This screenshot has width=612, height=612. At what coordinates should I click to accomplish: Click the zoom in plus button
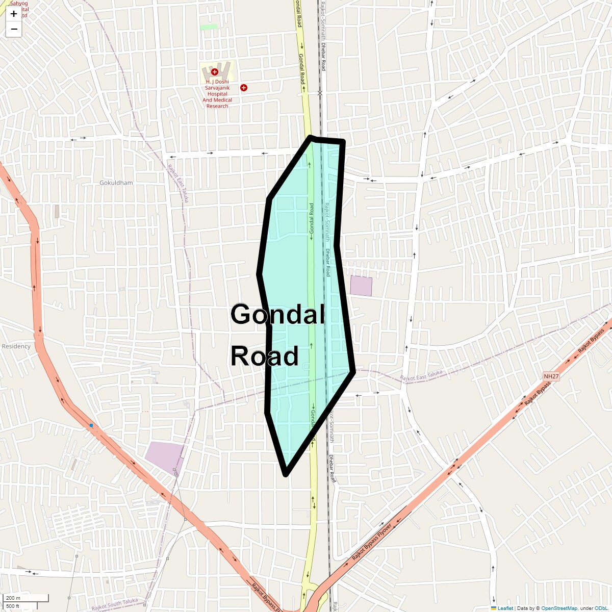click(x=14, y=14)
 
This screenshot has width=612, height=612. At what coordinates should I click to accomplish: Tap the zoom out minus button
click(x=14, y=29)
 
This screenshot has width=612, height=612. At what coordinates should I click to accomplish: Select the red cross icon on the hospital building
click(x=215, y=72)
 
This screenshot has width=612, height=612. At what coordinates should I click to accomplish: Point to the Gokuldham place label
click(x=116, y=183)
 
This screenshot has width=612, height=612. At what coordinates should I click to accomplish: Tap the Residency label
click(x=16, y=346)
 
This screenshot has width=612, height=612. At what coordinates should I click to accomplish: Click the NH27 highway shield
click(x=551, y=376)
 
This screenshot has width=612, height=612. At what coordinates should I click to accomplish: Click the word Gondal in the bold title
click(x=277, y=315)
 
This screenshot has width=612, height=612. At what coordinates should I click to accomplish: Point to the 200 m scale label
click(x=14, y=598)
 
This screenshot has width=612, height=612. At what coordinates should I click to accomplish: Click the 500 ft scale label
click(x=13, y=606)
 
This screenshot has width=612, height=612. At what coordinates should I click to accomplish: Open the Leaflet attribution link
click(x=505, y=608)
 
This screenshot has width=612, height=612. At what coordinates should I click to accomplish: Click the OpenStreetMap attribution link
click(x=559, y=608)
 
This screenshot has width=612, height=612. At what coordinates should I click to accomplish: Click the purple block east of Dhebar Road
click(x=361, y=286)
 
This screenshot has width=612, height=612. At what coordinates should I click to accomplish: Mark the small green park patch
click(x=208, y=27)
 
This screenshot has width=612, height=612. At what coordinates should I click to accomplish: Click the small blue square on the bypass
click(x=91, y=425)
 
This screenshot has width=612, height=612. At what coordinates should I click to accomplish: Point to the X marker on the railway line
click(x=320, y=93)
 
